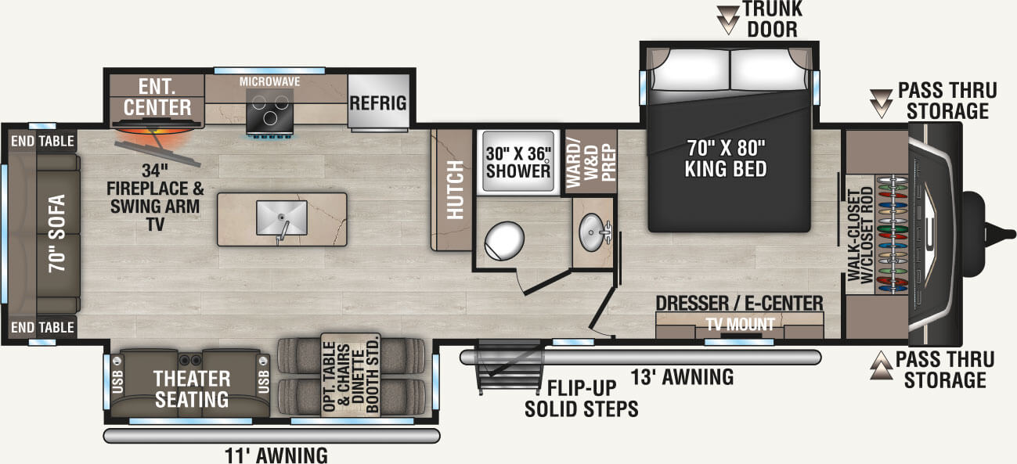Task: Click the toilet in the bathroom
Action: click(x=503, y=240)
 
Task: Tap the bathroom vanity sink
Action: click(x=593, y=230)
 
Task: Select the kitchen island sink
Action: click(x=280, y=216)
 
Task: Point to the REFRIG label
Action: click(x=377, y=103)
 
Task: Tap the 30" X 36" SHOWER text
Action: click(x=518, y=160)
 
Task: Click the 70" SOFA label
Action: click(x=56, y=232)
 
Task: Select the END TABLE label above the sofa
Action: click(x=42, y=142)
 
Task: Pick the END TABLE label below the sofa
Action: click(x=42, y=327)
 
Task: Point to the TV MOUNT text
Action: click(x=740, y=324)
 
